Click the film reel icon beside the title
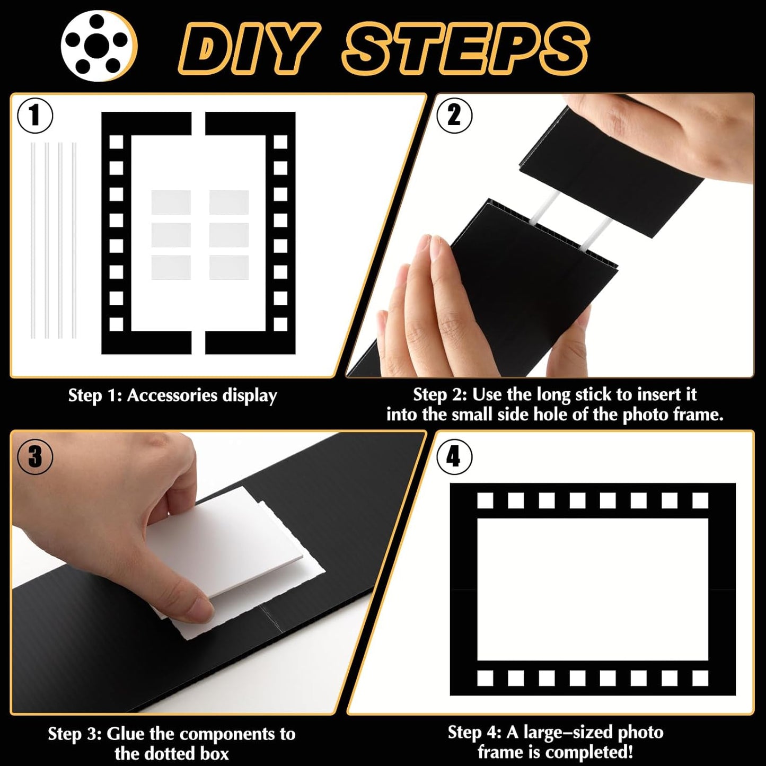(x=99, y=46)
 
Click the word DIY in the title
(x=249, y=48)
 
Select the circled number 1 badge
(x=35, y=115)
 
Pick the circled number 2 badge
(x=454, y=115)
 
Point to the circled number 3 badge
(x=35, y=456)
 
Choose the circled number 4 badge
(x=454, y=457)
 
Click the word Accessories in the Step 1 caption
(x=172, y=395)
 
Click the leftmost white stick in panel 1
(x=33, y=241)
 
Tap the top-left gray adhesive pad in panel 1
(x=171, y=202)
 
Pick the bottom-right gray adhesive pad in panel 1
(x=229, y=268)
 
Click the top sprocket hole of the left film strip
(x=116, y=142)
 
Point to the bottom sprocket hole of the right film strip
(x=280, y=324)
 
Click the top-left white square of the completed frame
(x=485, y=500)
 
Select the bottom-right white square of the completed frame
(x=700, y=678)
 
